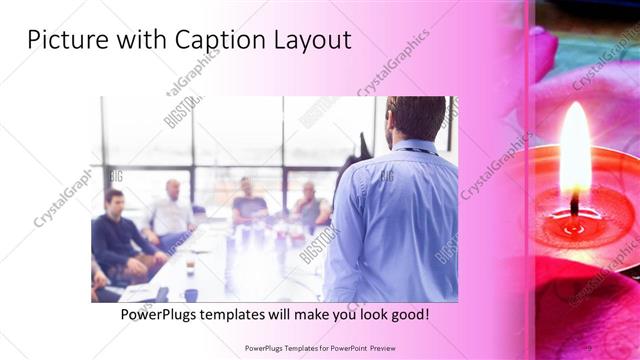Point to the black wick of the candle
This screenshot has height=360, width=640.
[x=575, y=205]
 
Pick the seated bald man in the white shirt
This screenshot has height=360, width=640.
[x=173, y=210]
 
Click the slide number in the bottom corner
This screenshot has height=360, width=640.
[x=591, y=349]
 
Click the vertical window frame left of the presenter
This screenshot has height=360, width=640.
[x=283, y=150]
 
